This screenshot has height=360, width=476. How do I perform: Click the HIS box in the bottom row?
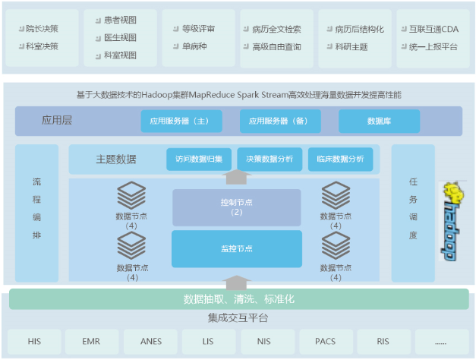click(34, 342)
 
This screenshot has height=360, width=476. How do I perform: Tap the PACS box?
click(326, 342)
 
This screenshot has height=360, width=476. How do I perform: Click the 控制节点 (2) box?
click(236, 207)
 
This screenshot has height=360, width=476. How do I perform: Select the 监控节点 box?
click(236, 248)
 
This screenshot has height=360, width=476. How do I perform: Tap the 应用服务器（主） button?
click(181, 121)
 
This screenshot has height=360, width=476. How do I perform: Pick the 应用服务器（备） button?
click(280, 121)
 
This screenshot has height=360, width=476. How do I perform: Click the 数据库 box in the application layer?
click(379, 121)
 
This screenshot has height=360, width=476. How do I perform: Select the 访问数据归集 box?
click(199, 159)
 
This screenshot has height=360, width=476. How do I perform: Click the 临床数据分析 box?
click(340, 159)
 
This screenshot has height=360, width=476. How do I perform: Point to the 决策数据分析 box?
click(270, 159)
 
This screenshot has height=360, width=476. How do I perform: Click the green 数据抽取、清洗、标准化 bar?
click(238, 299)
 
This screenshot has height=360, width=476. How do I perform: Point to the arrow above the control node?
click(238, 178)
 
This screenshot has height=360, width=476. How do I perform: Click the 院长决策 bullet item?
click(42, 29)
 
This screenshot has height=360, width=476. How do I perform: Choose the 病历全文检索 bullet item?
click(276, 30)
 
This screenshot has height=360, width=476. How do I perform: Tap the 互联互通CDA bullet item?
click(433, 30)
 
